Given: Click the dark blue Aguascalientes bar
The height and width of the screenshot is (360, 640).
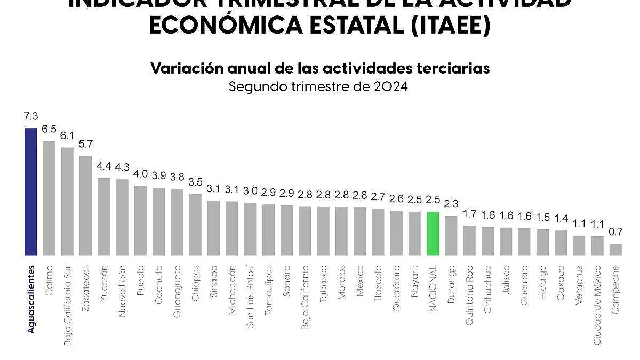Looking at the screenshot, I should [x=31, y=192].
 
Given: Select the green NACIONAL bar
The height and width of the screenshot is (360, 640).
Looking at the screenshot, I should [x=433, y=234].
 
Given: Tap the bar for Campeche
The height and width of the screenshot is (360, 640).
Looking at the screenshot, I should [x=615, y=250].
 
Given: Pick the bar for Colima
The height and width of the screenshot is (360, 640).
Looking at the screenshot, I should [x=49, y=198].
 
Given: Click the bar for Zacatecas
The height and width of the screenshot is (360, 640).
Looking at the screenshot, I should [x=85, y=206].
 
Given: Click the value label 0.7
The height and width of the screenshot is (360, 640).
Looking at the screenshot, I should [x=615, y=232].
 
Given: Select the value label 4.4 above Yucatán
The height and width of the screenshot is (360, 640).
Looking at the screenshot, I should [x=104, y=166].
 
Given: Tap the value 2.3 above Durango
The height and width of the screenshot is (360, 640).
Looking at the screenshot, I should [x=451, y=204].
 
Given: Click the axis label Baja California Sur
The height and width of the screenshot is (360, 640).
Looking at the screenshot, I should [x=68, y=305].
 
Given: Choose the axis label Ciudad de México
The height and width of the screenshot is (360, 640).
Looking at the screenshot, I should [x=597, y=305].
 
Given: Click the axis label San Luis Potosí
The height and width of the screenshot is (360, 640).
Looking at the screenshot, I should [x=250, y=296].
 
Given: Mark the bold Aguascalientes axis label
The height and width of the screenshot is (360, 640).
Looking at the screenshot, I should [x=31, y=299].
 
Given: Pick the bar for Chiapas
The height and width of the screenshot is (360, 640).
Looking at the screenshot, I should [x=195, y=225].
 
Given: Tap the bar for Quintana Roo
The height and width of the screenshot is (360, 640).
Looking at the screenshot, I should [x=469, y=241].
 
